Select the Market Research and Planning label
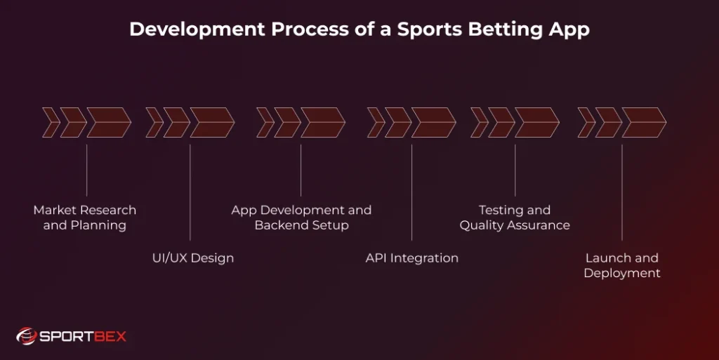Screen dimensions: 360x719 coord(85,218)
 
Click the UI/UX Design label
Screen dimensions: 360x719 coord(193,258)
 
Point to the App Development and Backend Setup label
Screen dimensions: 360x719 coord(301,218)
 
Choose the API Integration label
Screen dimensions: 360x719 coord(412,258)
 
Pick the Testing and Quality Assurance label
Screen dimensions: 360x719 coord(515,218)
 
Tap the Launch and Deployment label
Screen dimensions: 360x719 coord(622,265)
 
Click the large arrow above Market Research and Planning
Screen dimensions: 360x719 coord(108,123)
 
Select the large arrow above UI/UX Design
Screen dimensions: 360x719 coord(211,123)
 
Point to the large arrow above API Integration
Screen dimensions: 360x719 coord(433,123)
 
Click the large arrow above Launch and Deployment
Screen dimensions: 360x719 coord(643,123)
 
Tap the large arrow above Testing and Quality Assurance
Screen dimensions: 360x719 coord(536,123)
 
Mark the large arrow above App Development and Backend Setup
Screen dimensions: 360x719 coord(322,123)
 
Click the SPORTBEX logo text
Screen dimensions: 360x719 coord(82,337)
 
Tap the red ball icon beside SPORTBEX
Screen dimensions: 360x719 coord(27,337)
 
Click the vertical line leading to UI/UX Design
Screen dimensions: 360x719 coord(190,192)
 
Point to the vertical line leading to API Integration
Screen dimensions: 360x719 coord(412,192)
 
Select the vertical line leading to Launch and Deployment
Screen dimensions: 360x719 coord(622,192)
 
